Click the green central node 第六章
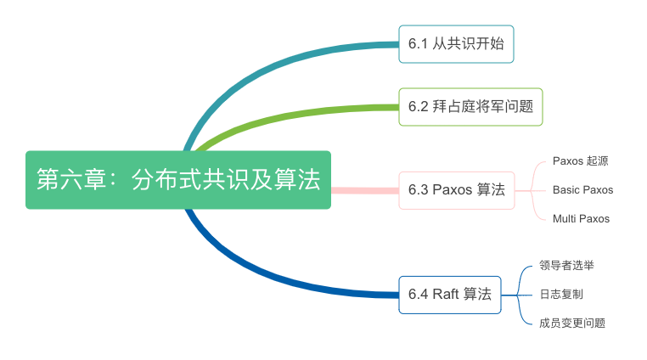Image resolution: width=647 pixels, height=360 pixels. tap(177, 179)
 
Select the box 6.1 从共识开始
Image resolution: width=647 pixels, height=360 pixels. tap(456, 44)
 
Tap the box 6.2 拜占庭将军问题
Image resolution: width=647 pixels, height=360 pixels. tap(470, 106)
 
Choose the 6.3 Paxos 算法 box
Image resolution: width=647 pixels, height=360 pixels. tap(456, 189)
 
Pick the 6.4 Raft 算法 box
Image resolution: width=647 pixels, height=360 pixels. tap(449, 295)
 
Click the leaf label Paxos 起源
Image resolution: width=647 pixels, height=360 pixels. tap(580, 160)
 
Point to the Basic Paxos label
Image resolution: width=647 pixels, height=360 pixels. tap(582, 189)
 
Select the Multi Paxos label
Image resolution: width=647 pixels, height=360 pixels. tap(581, 218)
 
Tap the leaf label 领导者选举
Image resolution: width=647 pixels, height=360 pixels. tap(566, 265)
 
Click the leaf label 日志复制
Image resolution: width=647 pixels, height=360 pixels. tap(560, 294)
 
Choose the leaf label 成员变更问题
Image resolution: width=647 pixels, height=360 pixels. tap(572, 323)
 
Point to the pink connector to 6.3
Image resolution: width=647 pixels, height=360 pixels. tap(364, 189)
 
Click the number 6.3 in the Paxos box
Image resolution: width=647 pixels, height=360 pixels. tap(418, 189)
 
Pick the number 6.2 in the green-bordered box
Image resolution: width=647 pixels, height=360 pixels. tap(418, 106)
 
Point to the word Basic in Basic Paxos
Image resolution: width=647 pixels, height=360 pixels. tap(566, 189)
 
